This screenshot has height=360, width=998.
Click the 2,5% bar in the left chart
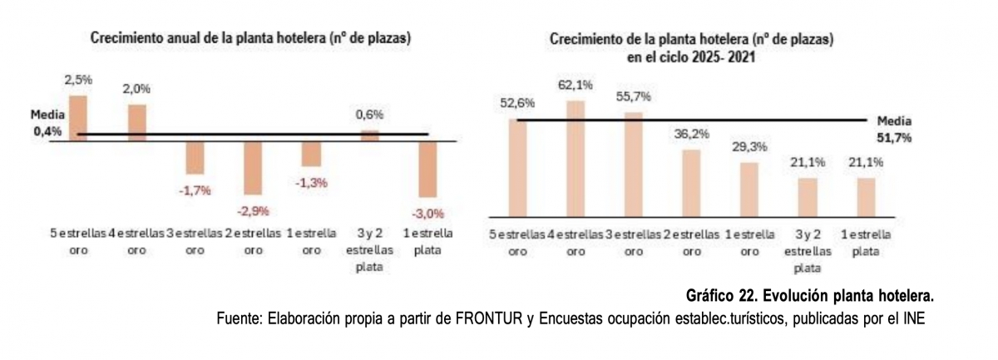click(77, 118)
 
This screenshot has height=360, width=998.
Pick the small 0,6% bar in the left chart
click(370, 136)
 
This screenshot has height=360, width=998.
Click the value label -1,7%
click(195, 190)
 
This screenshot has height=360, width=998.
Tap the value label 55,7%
click(634, 97)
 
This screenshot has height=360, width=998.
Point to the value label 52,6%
click(516, 103)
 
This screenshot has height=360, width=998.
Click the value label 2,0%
click(137, 89)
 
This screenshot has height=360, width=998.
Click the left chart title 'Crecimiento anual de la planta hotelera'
click(251, 38)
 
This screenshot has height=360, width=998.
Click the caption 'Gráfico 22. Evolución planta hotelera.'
click(811, 296)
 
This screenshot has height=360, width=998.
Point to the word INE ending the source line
click(912, 318)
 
